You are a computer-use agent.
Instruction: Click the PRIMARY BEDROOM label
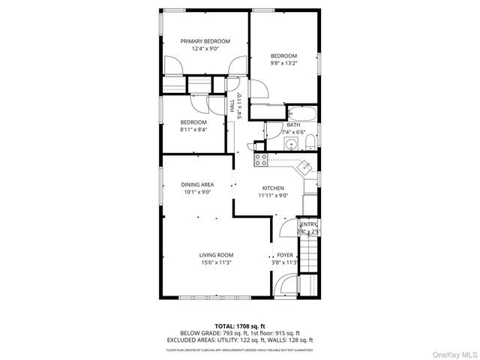[x=205, y=41]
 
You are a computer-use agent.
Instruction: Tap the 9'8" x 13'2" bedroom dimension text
[x=284, y=64]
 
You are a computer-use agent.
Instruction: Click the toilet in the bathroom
[x=310, y=139]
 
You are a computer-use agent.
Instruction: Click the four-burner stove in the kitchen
[x=261, y=159]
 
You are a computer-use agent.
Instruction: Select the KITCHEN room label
[x=272, y=187]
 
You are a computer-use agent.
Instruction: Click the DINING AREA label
[x=197, y=184]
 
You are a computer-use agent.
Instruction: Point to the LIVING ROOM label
[x=215, y=255]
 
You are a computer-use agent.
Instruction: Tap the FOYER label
[x=285, y=255]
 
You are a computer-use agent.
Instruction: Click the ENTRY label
[x=308, y=224]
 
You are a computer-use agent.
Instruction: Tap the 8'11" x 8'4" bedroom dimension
[x=193, y=130]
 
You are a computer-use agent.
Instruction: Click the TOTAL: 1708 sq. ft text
[x=240, y=325]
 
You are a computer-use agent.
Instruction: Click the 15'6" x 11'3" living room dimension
[x=215, y=262]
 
